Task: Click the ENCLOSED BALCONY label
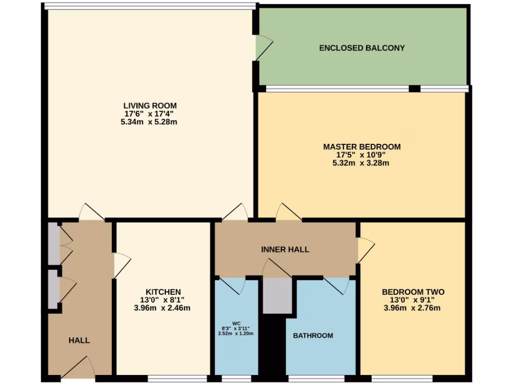pyautogui.click(x=362, y=48)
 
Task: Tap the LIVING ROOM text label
pyautogui.click(x=150, y=105)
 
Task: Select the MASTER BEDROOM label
pyautogui.click(x=362, y=147)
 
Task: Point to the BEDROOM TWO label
pyautogui.click(x=413, y=292)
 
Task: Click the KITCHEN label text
pyautogui.click(x=163, y=292)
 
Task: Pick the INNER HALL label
pyautogui.click(x=285, y=249)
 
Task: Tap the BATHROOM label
pyautogui.click(x=313, y=335)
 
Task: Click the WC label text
pyautogui.click(x=236, y=323)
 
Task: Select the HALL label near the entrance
pyautogui.click(x=79, y=340)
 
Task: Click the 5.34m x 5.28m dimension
pyautogui.click(x=150, y=122)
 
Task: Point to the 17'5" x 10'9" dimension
pyautogui.click(x=362, y=155)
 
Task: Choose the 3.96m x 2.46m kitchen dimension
pyautogui.click(x=163, y=308)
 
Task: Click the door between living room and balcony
pyautogui.click(x=263, y=48)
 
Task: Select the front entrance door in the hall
pyautogui.click(x=78, y=368)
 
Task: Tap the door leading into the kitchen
pyautogui.click(x=121, y=265)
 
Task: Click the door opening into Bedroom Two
pyautogui.click(x=365, y=250)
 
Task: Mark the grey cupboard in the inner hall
pyautogui.click(x=277, y=296)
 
